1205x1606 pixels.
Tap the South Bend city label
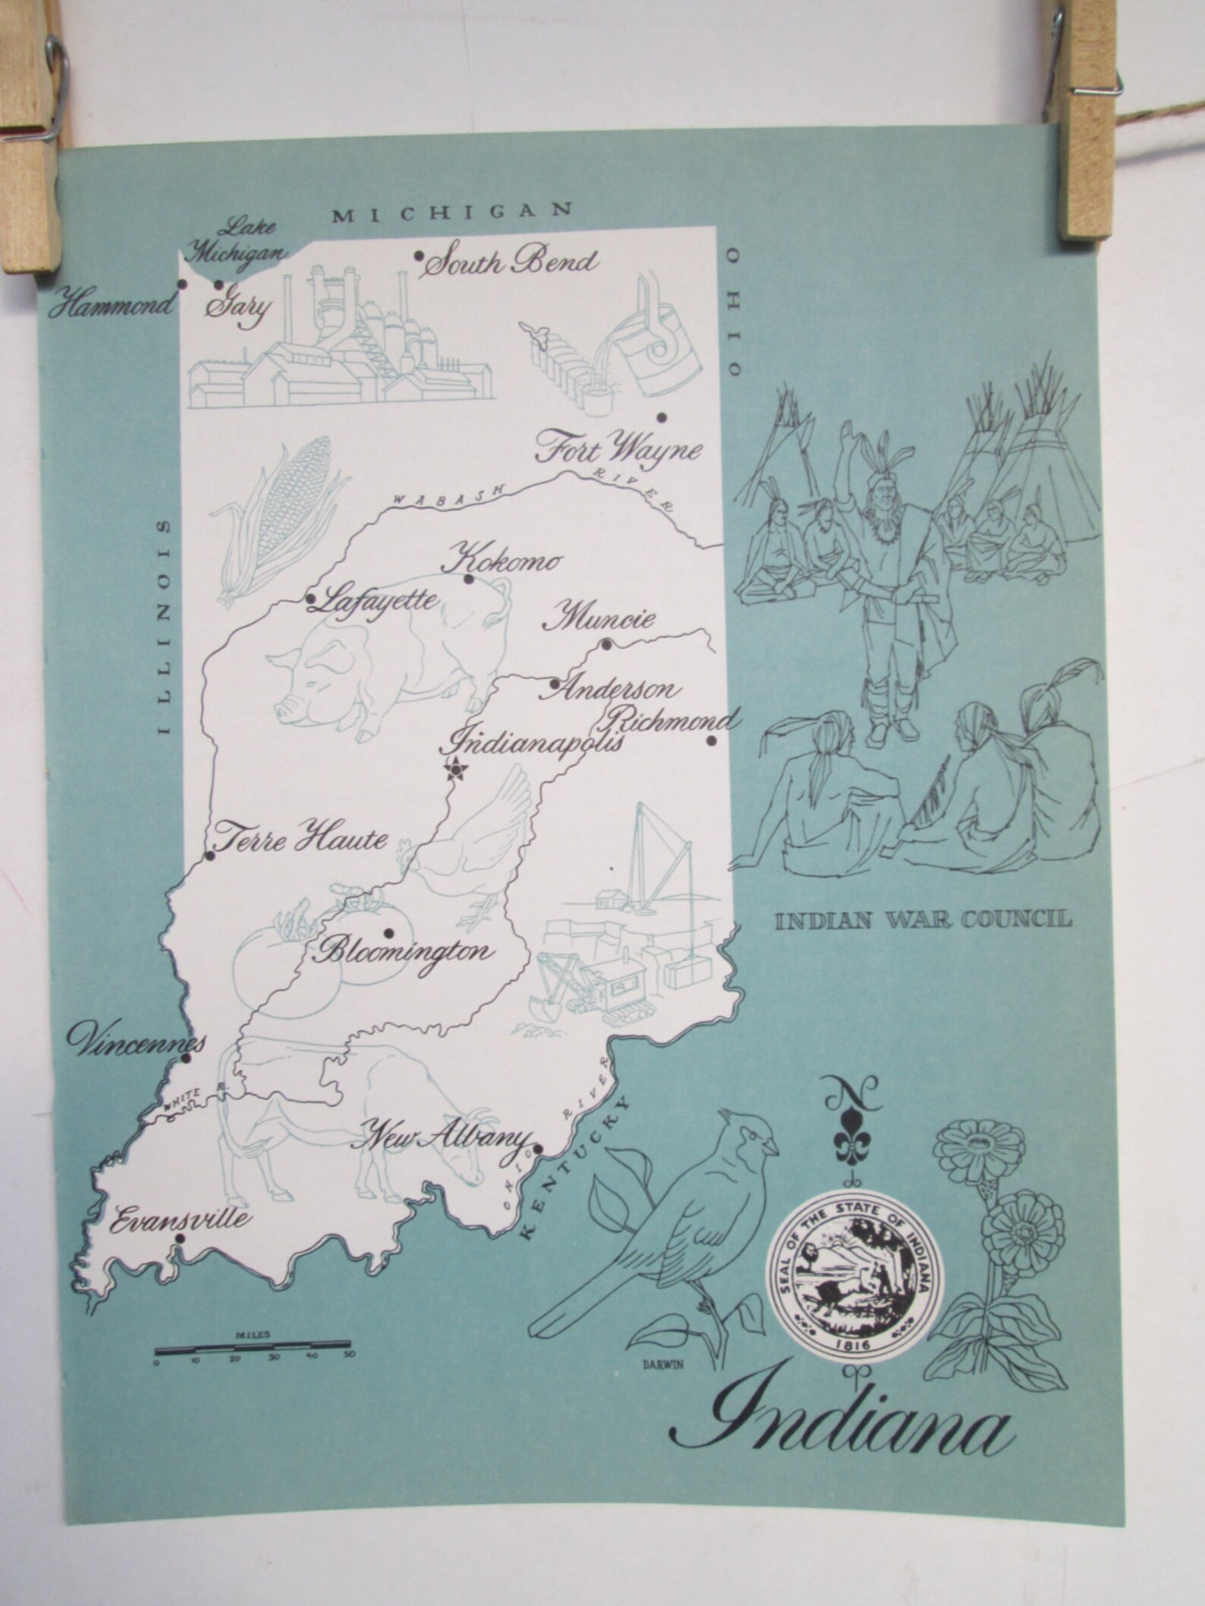coord(509,263)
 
